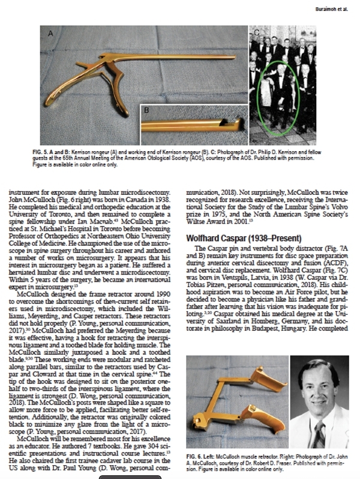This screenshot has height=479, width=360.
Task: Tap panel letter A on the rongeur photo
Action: coord(50,34)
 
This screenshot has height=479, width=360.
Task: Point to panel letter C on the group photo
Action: coord(257,32)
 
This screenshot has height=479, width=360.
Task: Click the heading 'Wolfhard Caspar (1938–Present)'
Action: coord(241,238)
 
